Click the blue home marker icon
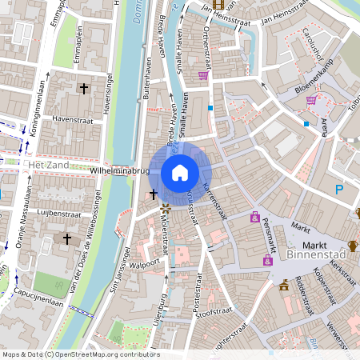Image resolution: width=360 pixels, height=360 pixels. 180,173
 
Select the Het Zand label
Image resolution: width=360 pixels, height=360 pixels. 45,164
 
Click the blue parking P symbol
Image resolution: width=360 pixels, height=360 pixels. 338,190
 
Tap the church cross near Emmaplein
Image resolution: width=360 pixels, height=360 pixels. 83,88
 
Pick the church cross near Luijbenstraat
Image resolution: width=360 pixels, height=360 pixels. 67,238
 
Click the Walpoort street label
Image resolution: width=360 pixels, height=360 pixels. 146,263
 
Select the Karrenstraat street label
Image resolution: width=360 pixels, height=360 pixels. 215,201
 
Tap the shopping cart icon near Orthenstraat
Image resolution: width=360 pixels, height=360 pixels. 203,75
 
